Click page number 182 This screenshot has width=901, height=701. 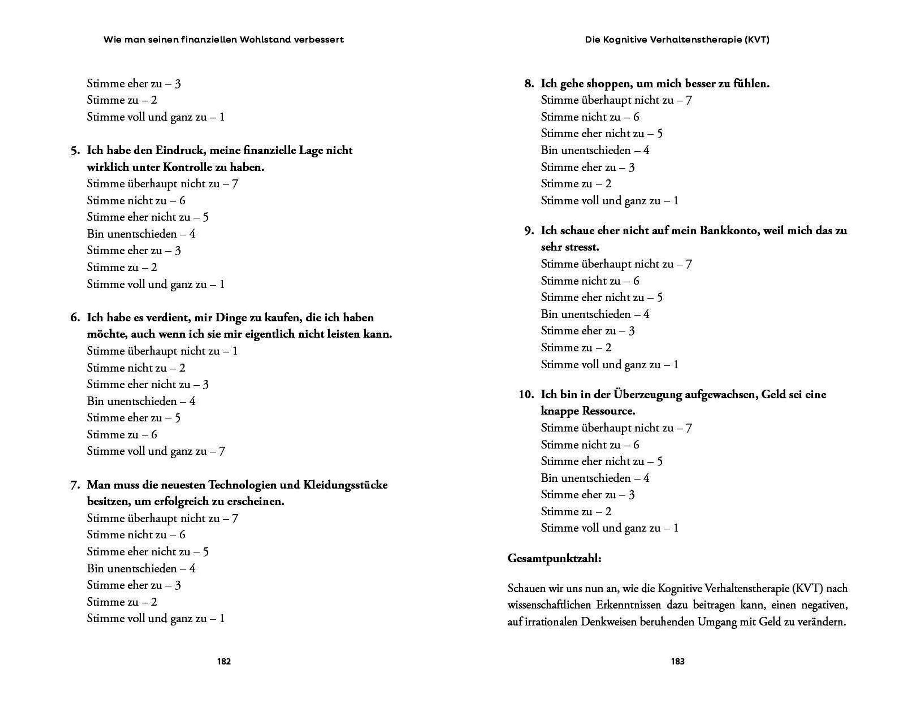[x=224, y=662]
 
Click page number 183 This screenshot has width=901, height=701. [x=677, y=662]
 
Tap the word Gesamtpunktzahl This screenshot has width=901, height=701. [x=554, y=559]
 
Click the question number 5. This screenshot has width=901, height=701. [x=75, y=150]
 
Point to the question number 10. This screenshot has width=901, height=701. [x=526, y=395]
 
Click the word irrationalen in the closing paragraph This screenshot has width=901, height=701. [x=551, y=622]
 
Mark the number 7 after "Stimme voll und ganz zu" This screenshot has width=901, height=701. [x=222, y=451]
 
